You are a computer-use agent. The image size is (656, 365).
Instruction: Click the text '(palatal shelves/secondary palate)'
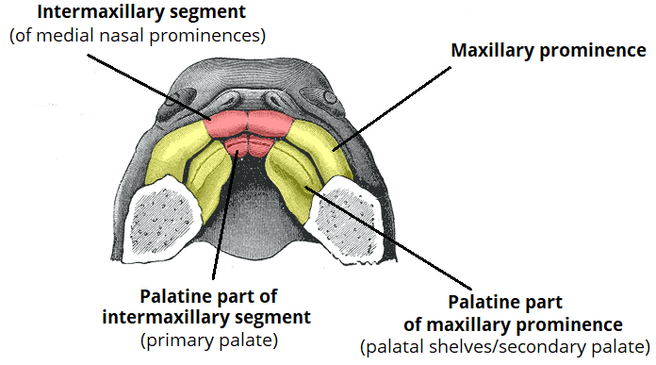pyautogui.click(x=505, y=346)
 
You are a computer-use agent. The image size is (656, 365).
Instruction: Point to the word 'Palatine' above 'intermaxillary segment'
pyautogui.click(x=172, y=294)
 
